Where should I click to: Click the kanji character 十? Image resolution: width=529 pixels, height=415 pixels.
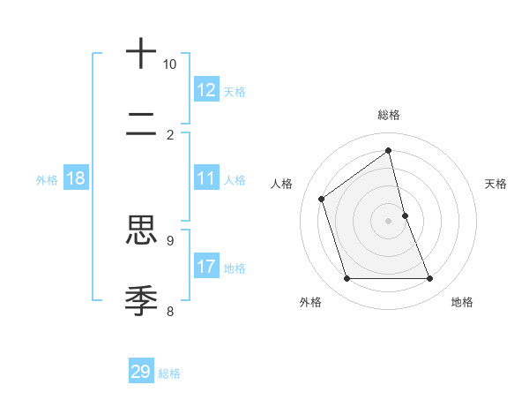point(141,54)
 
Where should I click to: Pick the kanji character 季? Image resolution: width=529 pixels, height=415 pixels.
point(141,300)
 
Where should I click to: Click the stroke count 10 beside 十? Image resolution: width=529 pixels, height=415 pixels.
point(169,64)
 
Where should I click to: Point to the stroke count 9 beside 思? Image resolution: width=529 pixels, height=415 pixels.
point(169,239)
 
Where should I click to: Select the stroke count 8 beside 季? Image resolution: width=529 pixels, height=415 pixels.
point(169,310)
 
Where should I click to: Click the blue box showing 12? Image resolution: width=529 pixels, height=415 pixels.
point(206,90)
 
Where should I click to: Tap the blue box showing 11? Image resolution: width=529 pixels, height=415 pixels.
point(206,178)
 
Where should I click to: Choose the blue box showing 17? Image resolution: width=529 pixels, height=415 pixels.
point(206,267)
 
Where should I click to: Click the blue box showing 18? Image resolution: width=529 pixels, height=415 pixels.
point(76,178)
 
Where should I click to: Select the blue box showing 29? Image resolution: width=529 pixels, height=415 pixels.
point(141,372)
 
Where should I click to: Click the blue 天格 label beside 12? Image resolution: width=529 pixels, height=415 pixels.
point(234,91)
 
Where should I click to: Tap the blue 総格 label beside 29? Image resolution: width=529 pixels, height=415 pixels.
point(169,373)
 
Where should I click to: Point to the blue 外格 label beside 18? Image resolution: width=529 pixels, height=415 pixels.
point(47,179)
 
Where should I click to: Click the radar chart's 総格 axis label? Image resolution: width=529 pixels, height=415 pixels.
point(389,115)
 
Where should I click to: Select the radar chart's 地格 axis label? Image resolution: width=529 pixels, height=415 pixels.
point(462,302)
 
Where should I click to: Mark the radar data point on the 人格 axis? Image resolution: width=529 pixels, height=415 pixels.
point(322,199)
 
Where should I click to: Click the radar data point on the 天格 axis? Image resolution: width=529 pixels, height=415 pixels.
point(405,215)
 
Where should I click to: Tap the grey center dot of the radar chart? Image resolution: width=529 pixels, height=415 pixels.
point(389,221)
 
